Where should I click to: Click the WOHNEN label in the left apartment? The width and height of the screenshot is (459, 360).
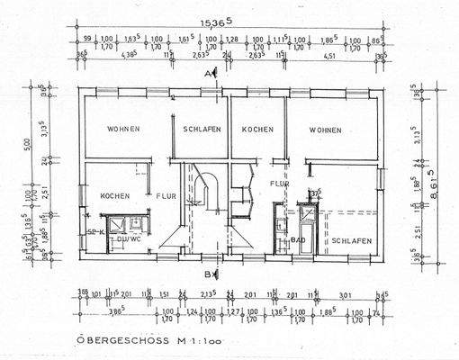coord(123,130)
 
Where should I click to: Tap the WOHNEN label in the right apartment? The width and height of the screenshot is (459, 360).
coord(325,130)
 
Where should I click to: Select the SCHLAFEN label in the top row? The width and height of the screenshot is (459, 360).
coord(202,130)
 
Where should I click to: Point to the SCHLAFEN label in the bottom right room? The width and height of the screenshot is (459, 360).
coord(352,241)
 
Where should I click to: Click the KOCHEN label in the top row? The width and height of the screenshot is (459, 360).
coord(257,130)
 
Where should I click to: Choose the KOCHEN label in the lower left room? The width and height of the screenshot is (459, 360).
coord(115,195)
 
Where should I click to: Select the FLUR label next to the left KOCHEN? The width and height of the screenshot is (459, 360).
coord(166,195)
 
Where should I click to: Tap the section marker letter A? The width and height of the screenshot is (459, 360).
coord(207,72)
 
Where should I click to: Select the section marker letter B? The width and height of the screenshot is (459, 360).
coord(207,273)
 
